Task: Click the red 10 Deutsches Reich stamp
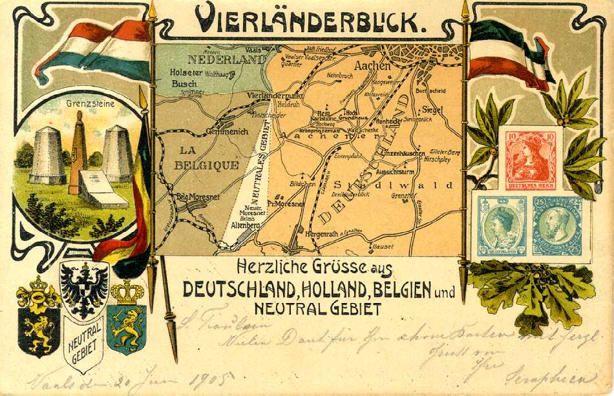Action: point(530,159)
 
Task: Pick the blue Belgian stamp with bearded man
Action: point(557,227)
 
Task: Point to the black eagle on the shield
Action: point(83,289)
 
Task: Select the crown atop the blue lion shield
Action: point(127,292)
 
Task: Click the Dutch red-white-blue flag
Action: point(94,48)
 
